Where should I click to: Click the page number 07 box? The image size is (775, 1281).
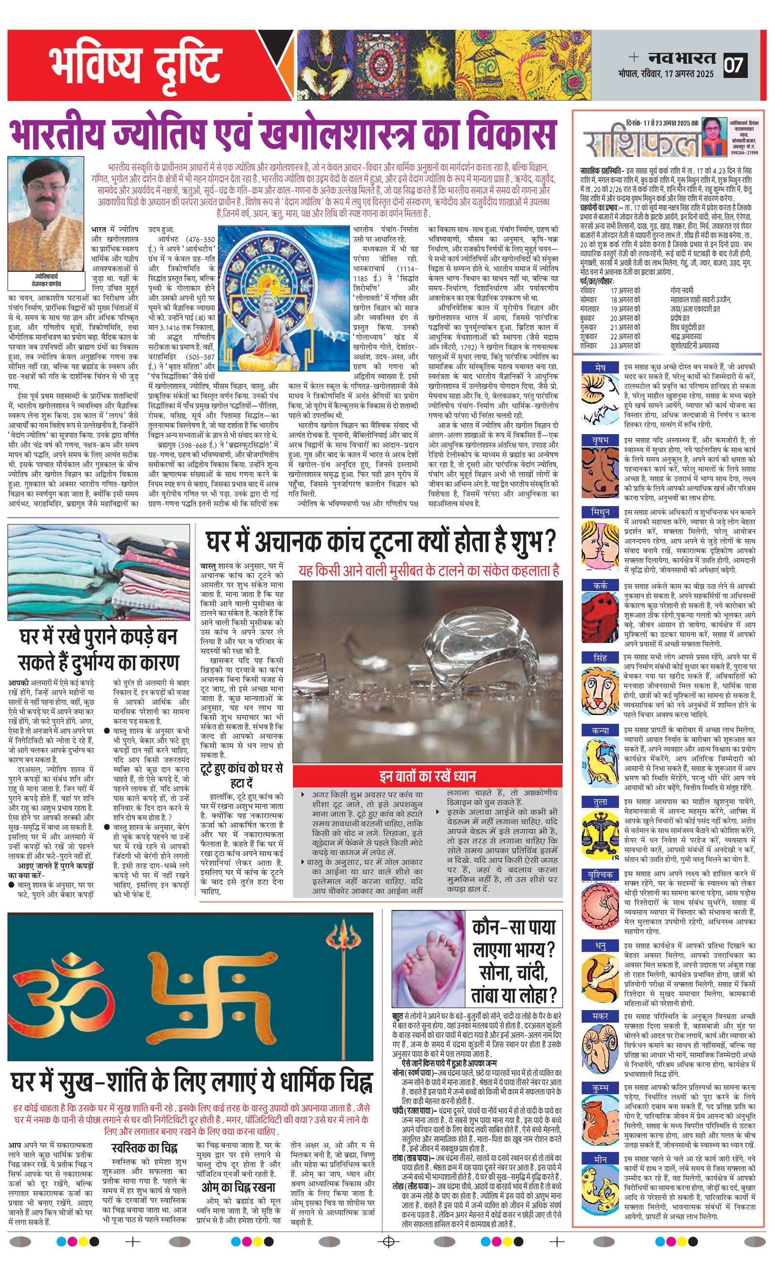click(x=734, y=65)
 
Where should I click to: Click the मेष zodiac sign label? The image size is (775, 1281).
click(x=600, y=368)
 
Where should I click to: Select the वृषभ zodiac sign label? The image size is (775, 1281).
click(x=600, y=440)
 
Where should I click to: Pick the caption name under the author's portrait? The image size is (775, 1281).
click(x=46, y=282)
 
